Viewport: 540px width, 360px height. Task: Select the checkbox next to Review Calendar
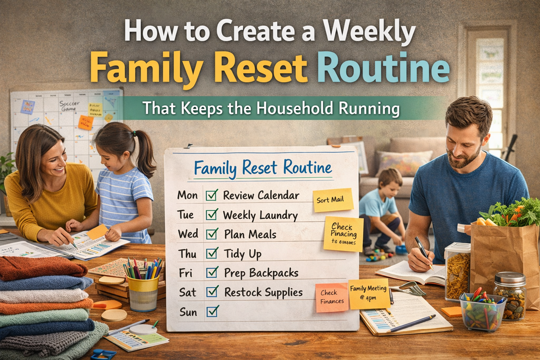click(x=211, y=195)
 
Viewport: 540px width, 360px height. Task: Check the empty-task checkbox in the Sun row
click(x=211, y=310)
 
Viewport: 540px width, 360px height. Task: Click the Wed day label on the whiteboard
click(x=187, y=234)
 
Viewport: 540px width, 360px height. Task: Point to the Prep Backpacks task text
click(x=260, y=272)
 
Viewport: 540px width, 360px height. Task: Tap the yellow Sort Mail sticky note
click(x=332, y=200)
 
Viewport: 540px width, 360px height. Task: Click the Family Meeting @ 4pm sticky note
click(x=368, y=294)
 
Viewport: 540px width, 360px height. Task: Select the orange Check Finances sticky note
click(x=331, y=298)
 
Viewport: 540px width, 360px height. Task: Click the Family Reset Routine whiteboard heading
click(x=262, y=168)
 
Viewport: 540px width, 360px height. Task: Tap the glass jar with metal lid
click(x=510, y=295)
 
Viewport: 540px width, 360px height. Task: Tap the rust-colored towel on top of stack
click(x=42, y=268)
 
